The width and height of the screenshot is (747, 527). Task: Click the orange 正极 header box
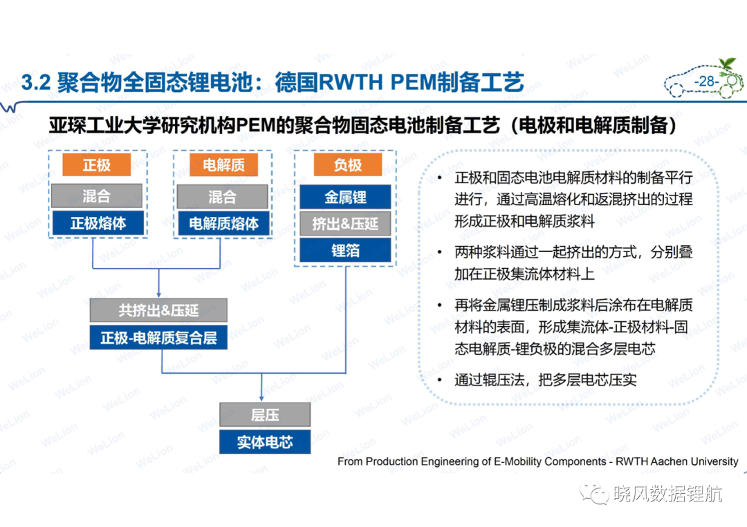(97, 164)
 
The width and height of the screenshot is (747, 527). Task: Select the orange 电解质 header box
(223, 164)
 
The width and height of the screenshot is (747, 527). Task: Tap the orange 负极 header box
(348, 164)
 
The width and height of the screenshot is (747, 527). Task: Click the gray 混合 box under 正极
(97, 195)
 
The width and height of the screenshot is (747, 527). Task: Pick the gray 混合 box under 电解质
(223, 196)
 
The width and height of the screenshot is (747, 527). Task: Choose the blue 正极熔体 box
(98, 223)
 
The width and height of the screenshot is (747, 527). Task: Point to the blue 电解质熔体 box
(223, 224)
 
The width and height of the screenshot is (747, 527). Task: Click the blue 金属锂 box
(345, 197)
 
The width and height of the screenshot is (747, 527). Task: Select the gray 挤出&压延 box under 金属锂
(345, 224)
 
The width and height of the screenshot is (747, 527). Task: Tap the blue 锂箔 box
(345, 250)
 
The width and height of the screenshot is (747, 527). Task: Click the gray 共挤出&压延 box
(158, 310)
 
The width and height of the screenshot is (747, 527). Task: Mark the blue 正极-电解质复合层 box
(158, 338)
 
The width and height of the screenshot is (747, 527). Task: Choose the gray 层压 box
(265, 414)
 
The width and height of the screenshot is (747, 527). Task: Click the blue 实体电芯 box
(265, 442)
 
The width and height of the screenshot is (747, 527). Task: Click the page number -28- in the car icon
(706, 82)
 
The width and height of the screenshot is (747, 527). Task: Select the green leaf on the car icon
(728, 64)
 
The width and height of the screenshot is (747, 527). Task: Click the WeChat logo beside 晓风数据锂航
(594, 494)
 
